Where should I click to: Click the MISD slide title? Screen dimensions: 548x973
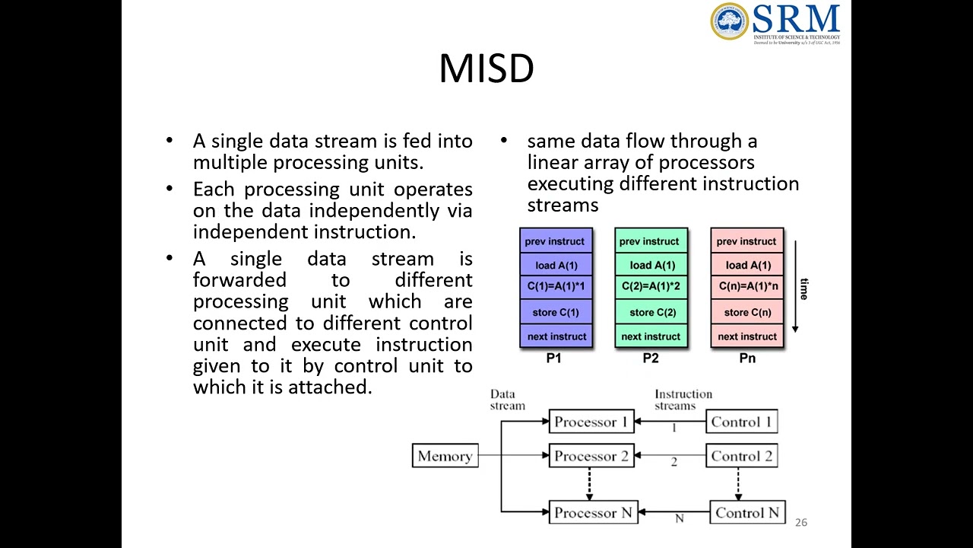click(x=486, y=68)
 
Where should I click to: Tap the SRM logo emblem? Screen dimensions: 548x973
click(x=730, y=21)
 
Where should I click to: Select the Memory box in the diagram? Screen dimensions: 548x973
click(x=445, y=456)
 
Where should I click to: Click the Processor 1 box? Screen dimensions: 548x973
click(x=591, y=422)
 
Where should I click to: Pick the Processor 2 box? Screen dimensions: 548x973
click(x=591, y=456)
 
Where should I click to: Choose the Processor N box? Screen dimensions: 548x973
click(x=593, y=512)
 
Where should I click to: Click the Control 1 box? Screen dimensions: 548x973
click(x=741, y=422)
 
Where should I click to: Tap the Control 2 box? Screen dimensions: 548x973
click(x=741, y=456)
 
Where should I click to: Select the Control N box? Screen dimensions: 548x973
click(x=747, y=512)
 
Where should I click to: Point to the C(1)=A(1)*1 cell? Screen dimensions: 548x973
click(x=556, y=287)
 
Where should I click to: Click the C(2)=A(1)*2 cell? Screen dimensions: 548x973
click(x=651, y=287)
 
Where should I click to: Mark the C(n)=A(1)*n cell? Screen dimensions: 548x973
click(x=748, y=287)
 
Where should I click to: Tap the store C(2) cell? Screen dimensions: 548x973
click(x=651, y=312)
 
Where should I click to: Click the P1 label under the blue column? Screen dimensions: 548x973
click(x=554, y=358)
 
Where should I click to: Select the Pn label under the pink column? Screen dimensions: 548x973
click(x=747, y=358)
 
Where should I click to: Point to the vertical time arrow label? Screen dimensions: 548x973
click(x=803, y=289)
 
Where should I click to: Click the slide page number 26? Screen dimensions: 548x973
click(x=800, y=522)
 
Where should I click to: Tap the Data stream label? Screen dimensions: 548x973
click(x=507, y=400)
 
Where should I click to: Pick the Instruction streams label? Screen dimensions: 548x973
click(x=683, y=400)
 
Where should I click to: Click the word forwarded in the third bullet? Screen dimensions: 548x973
click(x=239, y=280)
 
